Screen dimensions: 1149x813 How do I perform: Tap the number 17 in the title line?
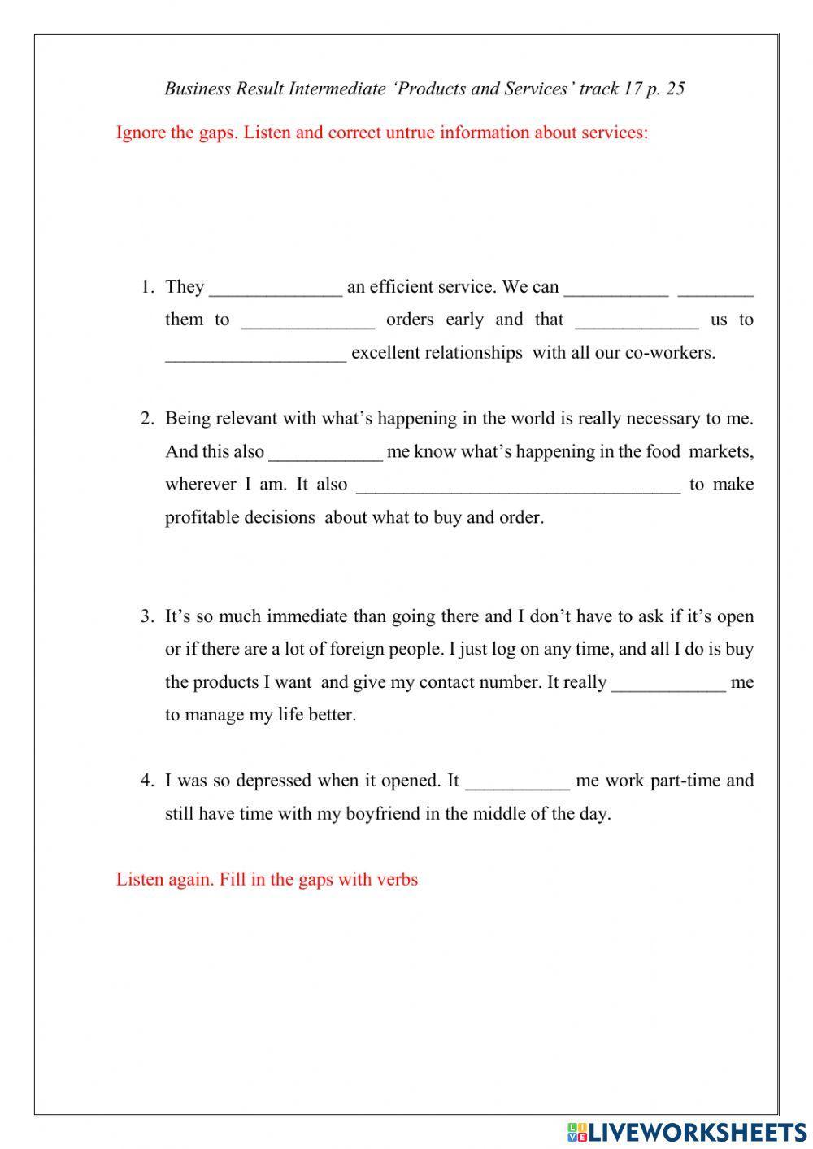tap(633, 89)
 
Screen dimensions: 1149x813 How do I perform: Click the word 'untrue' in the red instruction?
tap(406, 133)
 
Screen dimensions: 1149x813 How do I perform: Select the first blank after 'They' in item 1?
tap(276, 289)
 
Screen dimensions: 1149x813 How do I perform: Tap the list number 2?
tap(146, 419)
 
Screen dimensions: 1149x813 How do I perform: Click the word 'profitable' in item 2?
tap(202, 518)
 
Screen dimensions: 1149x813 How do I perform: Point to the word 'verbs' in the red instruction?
tap(397, 879)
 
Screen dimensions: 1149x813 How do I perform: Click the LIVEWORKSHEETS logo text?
tap(698, 1131)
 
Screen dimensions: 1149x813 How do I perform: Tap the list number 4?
tap(146, 781)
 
